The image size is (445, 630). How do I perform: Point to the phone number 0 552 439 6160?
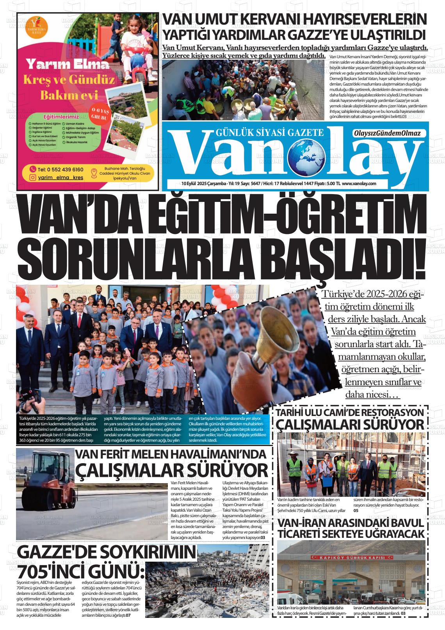tap(61, 169)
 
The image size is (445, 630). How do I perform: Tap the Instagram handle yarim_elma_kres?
tap(58, 178)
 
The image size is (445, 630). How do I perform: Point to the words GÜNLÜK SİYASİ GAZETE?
tap(269, 133)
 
